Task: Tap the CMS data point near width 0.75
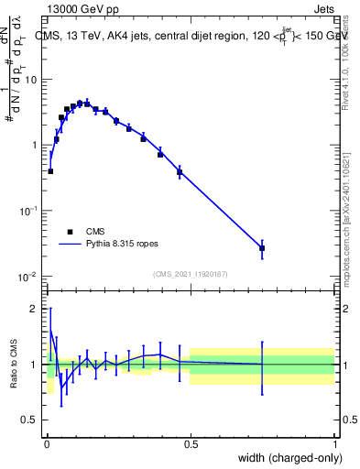pyautogui.click(x=262, y=248)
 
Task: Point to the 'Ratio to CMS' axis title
pyautogui.click(x=12, y=364)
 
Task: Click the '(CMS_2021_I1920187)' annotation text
pyautogui.click(x=190, y=273)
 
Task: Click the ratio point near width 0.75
pyautogui.click(x=262, y=365)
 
